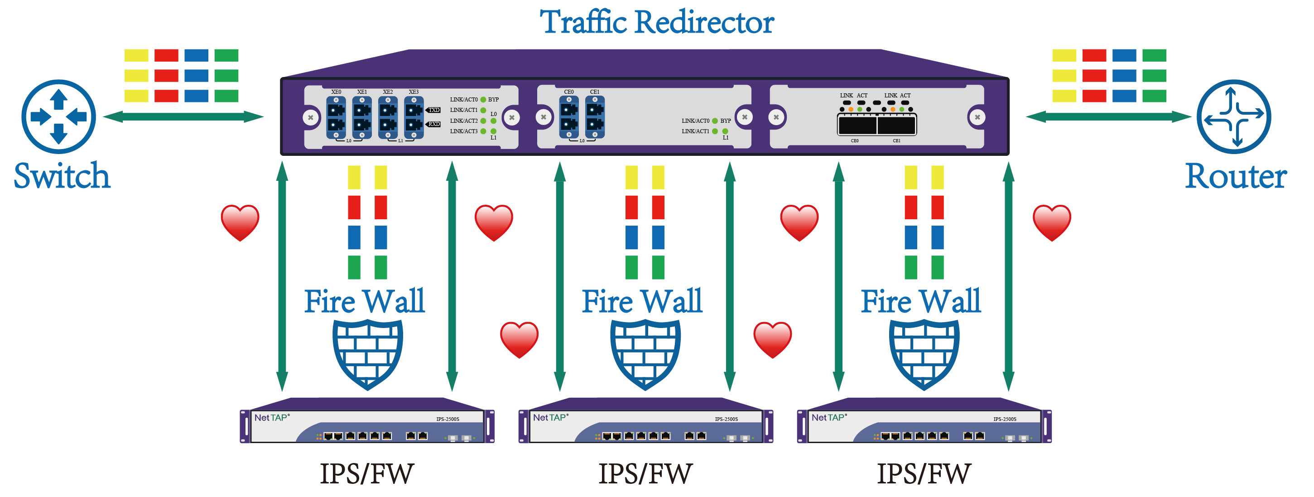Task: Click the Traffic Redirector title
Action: pyautogui.click(x=656, y=23)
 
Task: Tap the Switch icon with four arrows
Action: pyautogui.click(x=59, y=116)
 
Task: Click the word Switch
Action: pyautogui.click(x=62, y=176)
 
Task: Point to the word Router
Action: pyautogui.click(x=1236, y=176)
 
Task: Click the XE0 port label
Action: pyautogui.click(x=336, y=92)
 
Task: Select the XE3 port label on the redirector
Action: pyautogui.click(x=414, y=92)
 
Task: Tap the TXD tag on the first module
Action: pyautogui.click(x=433, y=110)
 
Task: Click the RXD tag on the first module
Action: pyautogui.click(x=433, y=124)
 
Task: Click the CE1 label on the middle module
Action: pyautogui.click(x=595, y=92)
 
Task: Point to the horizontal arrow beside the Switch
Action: pyautogui.click(x=183, y=117)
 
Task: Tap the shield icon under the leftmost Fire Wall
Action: pyautogui.click(x=368, y=354)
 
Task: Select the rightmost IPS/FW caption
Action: pyautogui.click(x=924, y=473)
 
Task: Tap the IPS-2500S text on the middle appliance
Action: pyautogui.click(x=726, y=420)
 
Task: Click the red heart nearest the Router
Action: pyautogui.click(x=1052, y=222)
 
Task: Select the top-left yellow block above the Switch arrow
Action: pyautogui.click(x=136, y=55)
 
